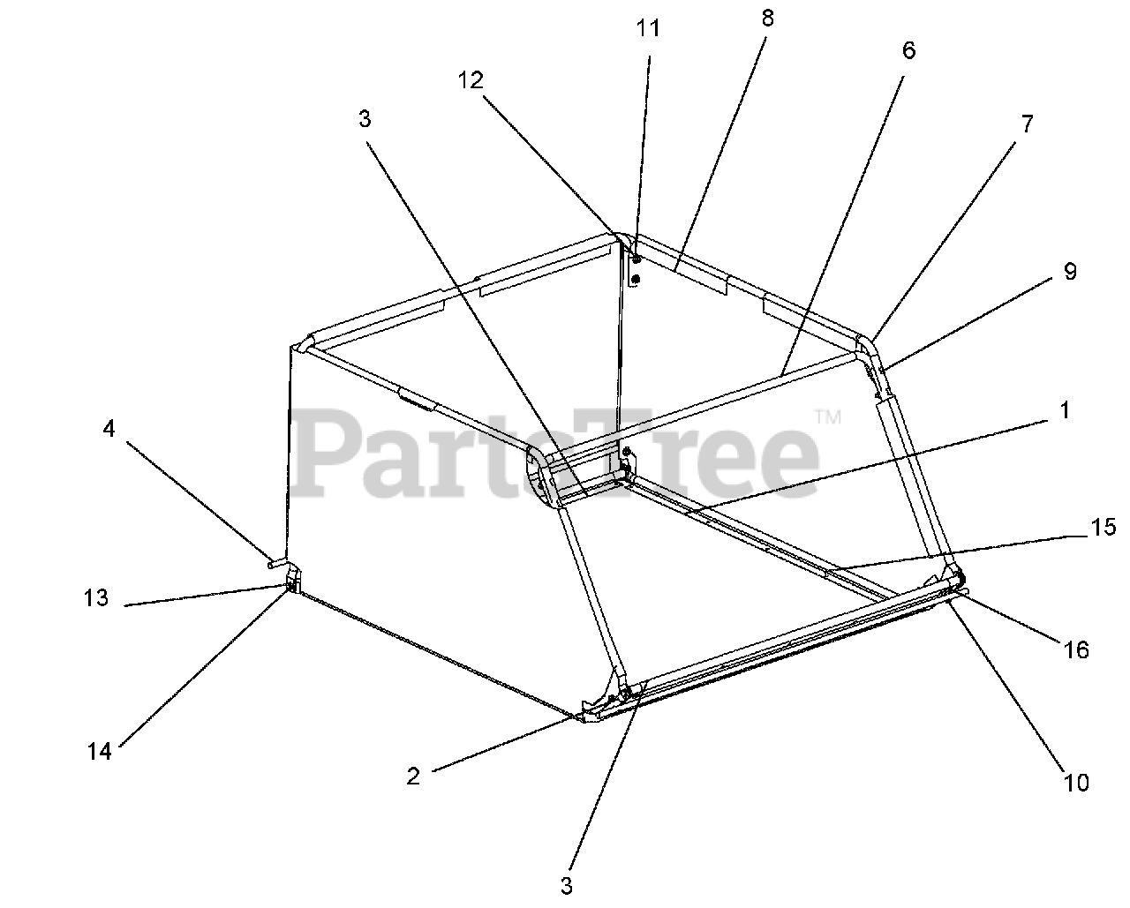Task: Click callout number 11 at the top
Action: [x=648, y=27]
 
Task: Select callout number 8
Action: [x=766, y=19]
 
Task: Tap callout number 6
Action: [x=908, y=50]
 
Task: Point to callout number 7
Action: [x=1027, y=124]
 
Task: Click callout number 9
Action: [x=1069, y=271]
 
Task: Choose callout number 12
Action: [x=471, y=80]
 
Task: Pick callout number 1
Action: [x=1065, y=410]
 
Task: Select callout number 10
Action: [x=1076, y=782]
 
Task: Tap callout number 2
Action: [x=412, y=777]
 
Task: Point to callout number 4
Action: [x=109, y=429]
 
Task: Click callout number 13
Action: [x=96, y=598]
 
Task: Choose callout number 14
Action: [x=100, y=753]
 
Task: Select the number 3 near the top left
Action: [x=365, y=120]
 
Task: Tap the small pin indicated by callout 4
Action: [x=276, y=560]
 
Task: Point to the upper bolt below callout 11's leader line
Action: [x=637, y=259]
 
